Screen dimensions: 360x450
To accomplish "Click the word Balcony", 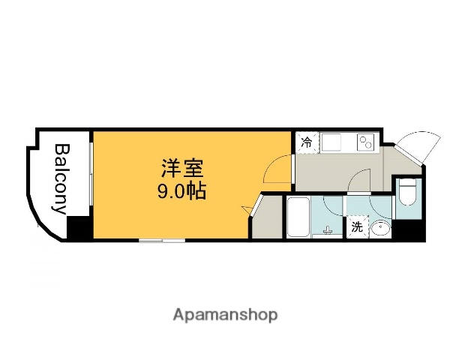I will pos(61,178).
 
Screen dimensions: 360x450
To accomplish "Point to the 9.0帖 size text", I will pos(181,190).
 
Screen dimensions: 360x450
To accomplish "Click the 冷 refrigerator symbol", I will pos(306,141).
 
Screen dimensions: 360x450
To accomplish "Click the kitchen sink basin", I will pos(332,142).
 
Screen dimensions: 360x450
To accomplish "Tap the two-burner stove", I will pos(367,141).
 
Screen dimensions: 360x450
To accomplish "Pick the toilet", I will pos(408,192).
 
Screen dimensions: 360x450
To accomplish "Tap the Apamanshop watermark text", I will pos(225,314).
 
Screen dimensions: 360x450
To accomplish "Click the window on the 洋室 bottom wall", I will pos(162,239).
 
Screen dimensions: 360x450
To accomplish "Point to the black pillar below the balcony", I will pos(78,228).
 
